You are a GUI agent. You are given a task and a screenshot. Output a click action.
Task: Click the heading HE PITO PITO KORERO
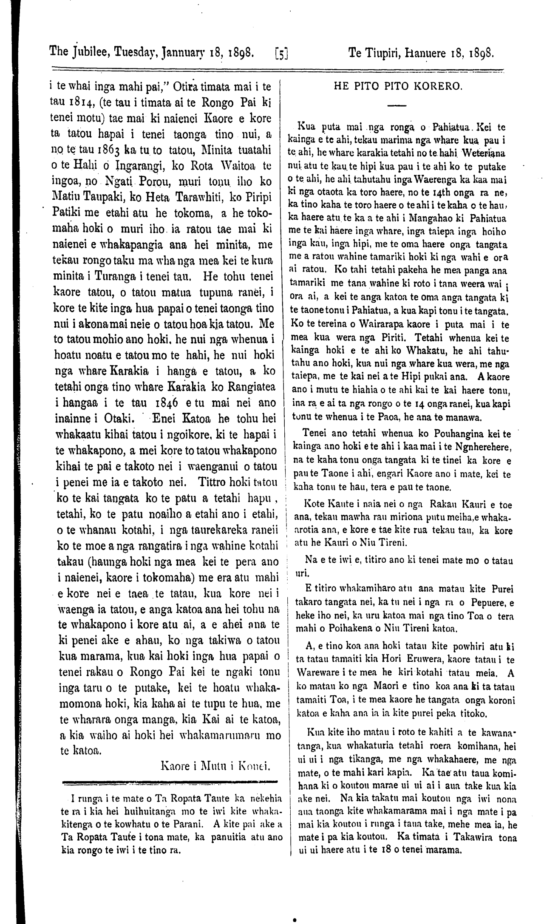click(398, 86)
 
